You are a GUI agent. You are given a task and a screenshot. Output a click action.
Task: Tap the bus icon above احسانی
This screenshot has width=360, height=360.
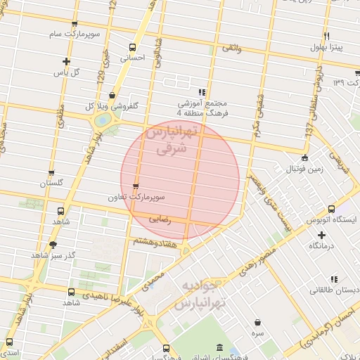[132, 48]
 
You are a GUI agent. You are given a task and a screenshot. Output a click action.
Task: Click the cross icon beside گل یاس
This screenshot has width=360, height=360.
[66, 61]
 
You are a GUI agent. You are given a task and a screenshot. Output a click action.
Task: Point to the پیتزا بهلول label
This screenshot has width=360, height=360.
[327, 47]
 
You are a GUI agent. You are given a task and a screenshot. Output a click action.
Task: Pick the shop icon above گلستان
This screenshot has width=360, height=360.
[51, 172]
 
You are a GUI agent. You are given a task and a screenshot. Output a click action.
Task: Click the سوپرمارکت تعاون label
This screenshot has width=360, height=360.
[136, 198]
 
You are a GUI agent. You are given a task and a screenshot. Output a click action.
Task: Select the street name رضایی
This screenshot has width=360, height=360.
[160, 219]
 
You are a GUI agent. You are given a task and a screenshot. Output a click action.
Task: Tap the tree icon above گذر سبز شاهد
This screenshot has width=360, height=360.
[53, 244]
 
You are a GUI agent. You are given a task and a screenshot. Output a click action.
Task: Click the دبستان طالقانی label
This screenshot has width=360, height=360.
[329, 289]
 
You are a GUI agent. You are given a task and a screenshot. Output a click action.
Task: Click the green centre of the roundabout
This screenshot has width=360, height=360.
[103, 120]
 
